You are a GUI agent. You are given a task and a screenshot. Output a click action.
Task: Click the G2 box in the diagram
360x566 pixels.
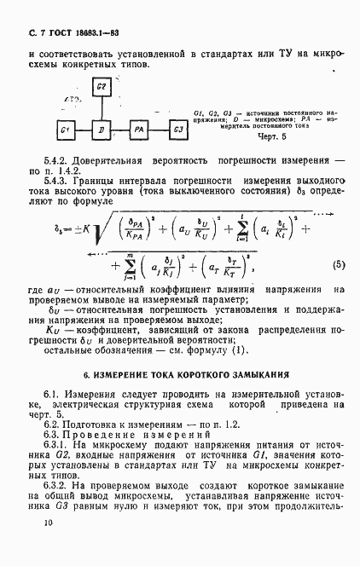(101, 89)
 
